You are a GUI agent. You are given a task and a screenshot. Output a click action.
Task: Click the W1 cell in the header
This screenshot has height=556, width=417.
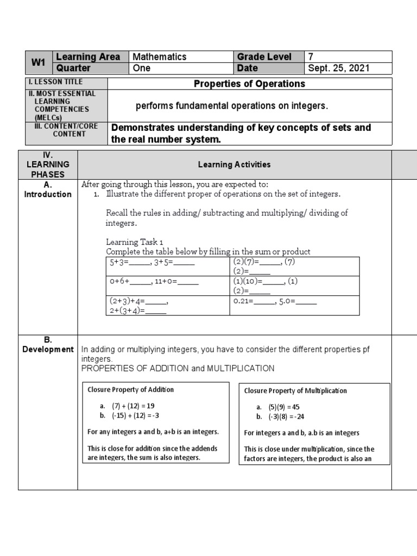tap(38, 62)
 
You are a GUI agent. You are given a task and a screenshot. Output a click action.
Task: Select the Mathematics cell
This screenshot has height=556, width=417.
tap(159, 56)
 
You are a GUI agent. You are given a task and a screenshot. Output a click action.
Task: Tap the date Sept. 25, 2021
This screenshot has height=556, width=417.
tap(339, 68)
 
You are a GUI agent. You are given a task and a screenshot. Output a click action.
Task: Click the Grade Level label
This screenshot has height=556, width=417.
tap(264, 56)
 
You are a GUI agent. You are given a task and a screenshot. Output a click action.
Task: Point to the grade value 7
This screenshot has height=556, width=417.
tap(311, 56)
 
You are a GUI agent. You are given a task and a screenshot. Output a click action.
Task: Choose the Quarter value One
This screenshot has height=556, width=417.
tap(142, 68)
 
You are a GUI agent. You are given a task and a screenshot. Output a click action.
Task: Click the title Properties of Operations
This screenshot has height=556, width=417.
tap(249, 84)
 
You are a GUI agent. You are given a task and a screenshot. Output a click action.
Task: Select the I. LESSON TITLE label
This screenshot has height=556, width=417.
tap(56, 82)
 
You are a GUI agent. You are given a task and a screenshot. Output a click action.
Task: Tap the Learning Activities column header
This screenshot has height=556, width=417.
tap(234, 165)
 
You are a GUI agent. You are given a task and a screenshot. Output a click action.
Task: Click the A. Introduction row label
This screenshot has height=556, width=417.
tap(48, 189)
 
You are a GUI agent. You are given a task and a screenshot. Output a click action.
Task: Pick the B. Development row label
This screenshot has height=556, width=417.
tap(48, 345)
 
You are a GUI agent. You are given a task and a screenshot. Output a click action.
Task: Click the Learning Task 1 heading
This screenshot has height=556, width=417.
tap(134, 242)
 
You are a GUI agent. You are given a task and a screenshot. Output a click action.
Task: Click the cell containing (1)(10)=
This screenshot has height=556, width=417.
tap(294, 286)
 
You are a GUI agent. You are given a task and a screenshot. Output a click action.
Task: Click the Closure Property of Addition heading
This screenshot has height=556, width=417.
tap(131, 390)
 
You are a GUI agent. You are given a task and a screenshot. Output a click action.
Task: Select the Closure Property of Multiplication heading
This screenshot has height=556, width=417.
tap(295, 391)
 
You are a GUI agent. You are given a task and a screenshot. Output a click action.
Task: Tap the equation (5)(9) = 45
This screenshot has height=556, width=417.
tap(283, 407)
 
